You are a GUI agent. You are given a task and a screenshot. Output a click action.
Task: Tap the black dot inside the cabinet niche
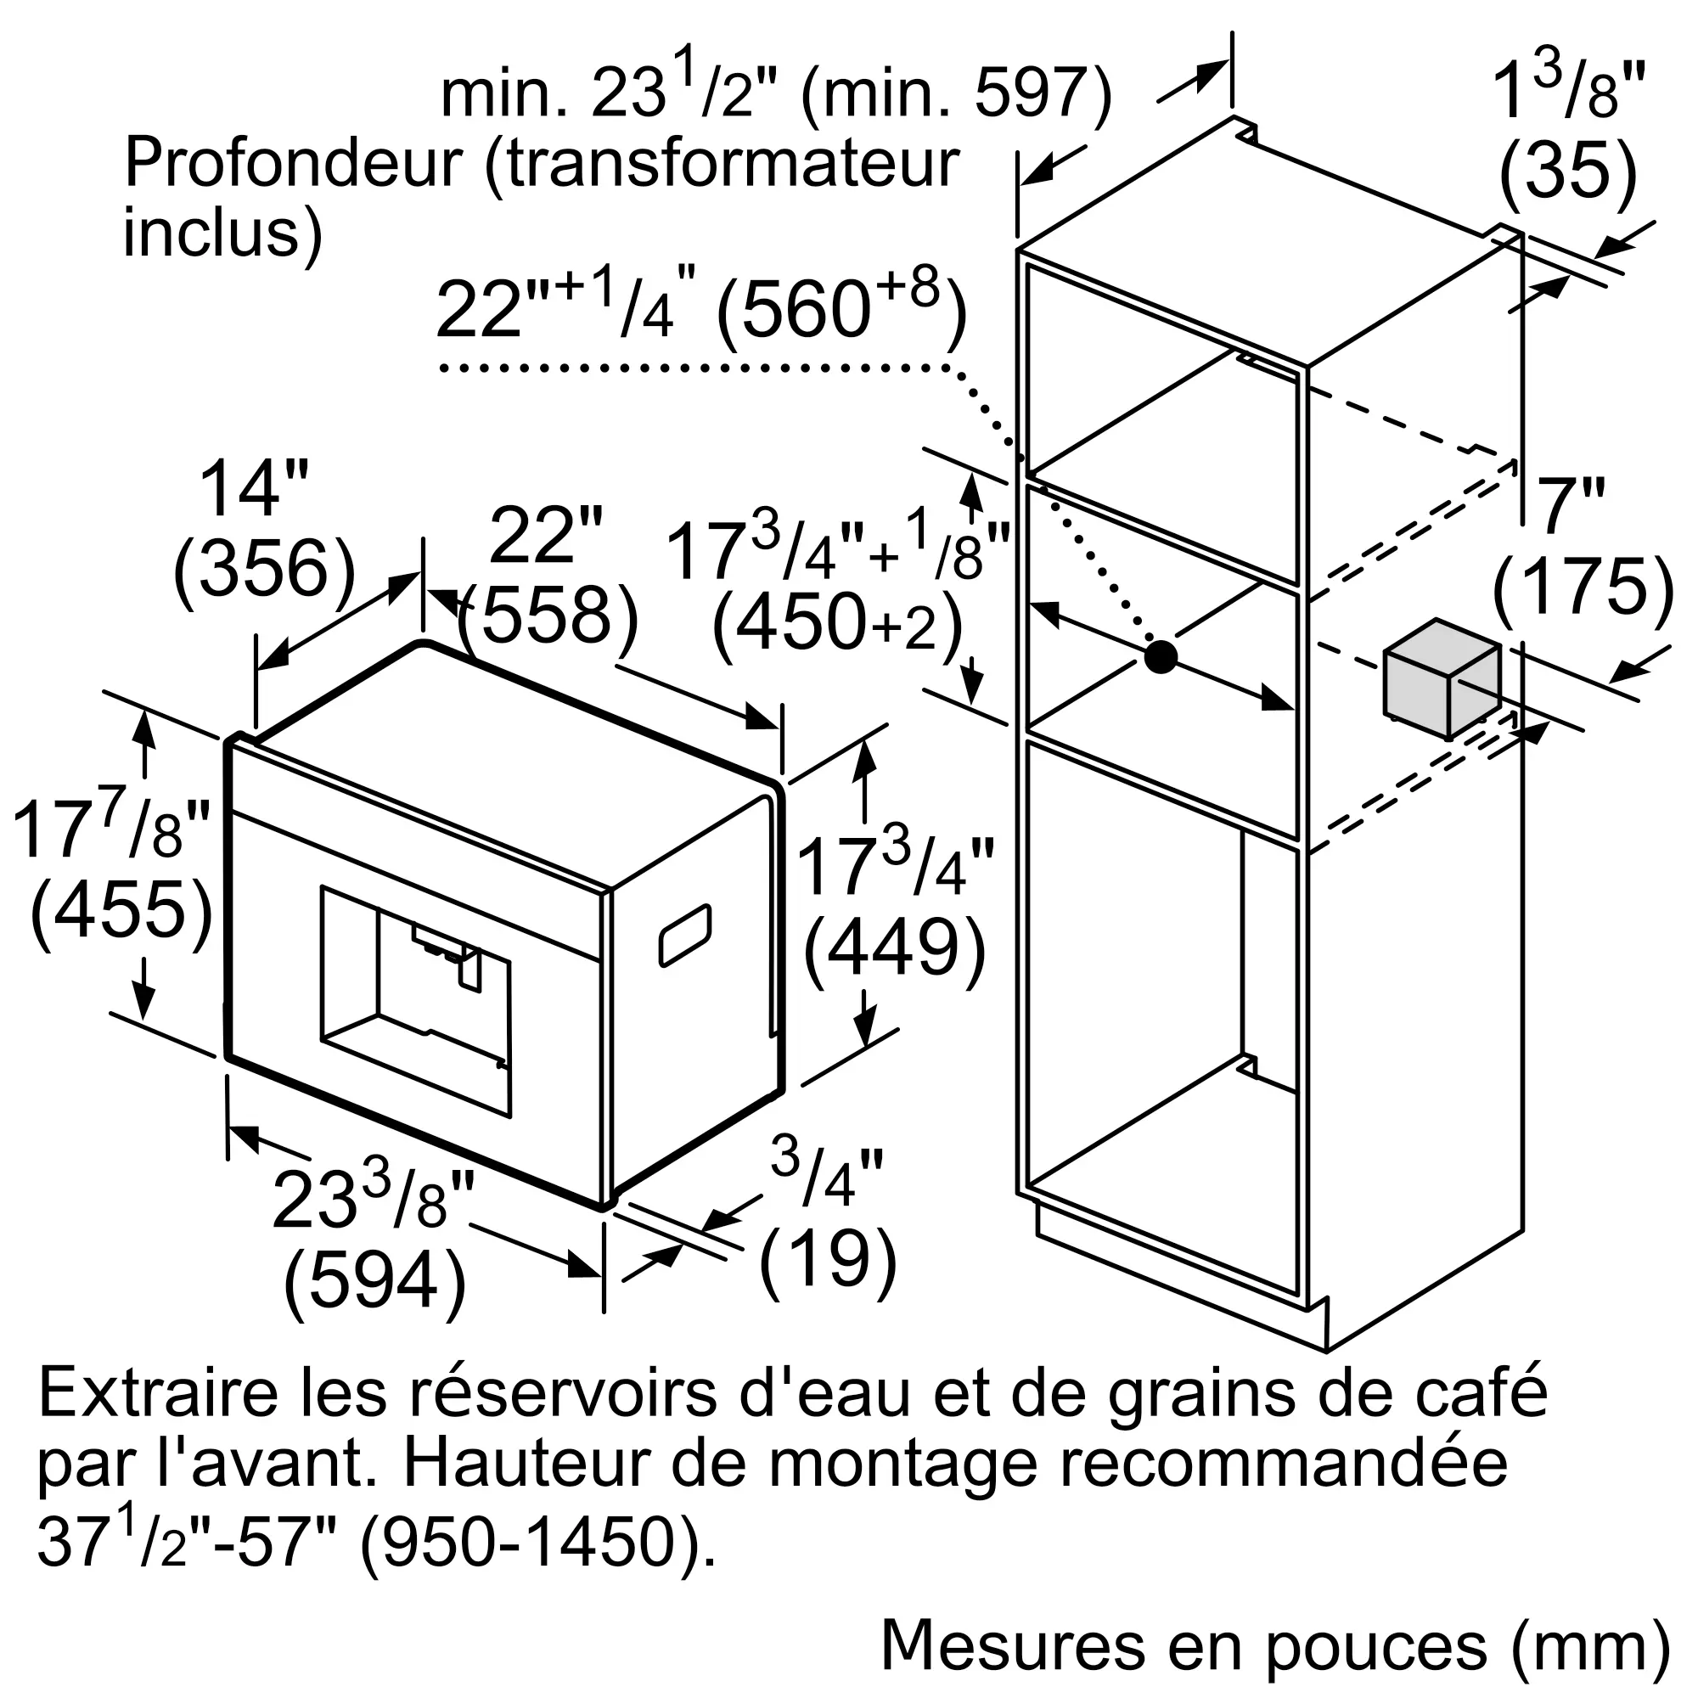point(1160,656)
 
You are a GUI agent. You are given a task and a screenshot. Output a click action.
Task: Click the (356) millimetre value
point(264,571)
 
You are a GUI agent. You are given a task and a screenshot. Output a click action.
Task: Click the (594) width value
point(374,1280)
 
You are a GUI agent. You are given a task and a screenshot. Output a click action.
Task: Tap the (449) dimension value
point(894,947)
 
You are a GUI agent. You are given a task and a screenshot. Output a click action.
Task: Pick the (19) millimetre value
point(827,1258)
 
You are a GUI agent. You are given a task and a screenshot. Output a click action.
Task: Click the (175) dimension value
point(1583,586)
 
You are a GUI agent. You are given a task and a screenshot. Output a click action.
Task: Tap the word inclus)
point(222,232)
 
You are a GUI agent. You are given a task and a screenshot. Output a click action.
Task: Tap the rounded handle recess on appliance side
point(684,934)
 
